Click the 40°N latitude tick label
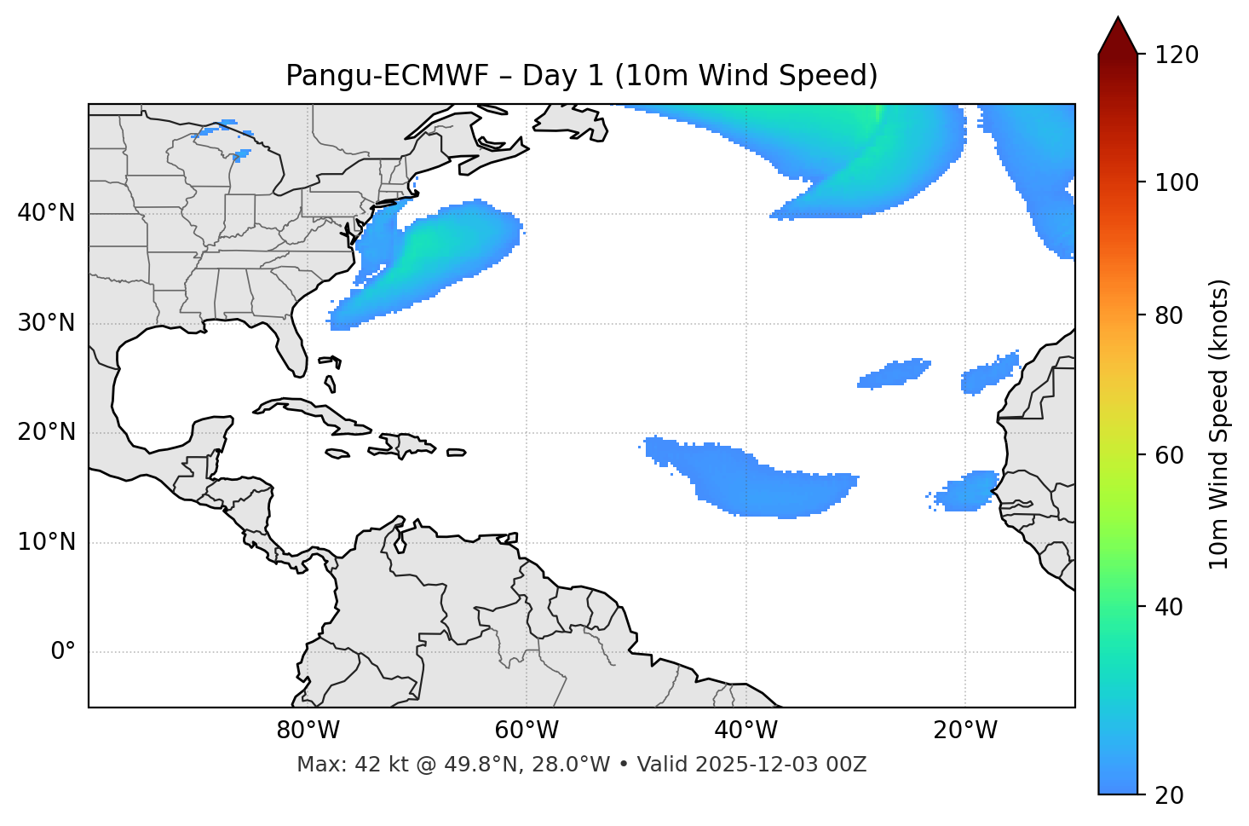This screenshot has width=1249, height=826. (x=46, y=213)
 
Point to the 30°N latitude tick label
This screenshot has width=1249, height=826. (x=46, y=323)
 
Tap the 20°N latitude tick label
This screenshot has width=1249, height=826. (x=46, y=432)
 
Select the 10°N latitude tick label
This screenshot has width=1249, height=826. (x=46, y=542)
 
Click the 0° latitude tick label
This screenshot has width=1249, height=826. (x=63, y=652)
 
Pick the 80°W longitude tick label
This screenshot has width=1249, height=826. (x=308, y=731)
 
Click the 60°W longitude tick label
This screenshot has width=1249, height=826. (x=527, y=731)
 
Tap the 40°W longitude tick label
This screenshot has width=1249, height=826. (x=745, y=731)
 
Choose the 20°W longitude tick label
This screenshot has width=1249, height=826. (x=964, y=731)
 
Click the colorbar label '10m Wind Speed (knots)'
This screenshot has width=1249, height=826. (x=1219, y=424)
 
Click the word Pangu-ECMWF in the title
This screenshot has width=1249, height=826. (x=387, y=76)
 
